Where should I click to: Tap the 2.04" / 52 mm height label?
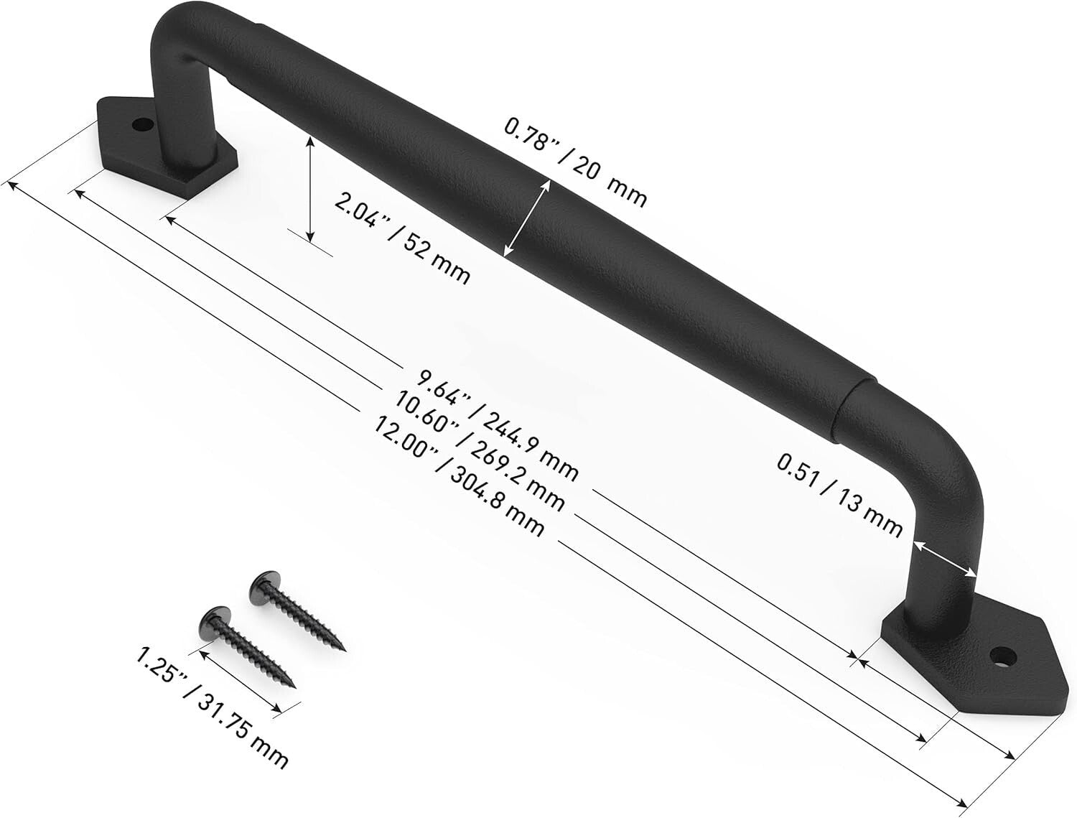pyautogui.click(x=402, y=236)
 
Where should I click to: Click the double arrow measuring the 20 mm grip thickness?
pyautogui.click(x=528, y=218)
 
